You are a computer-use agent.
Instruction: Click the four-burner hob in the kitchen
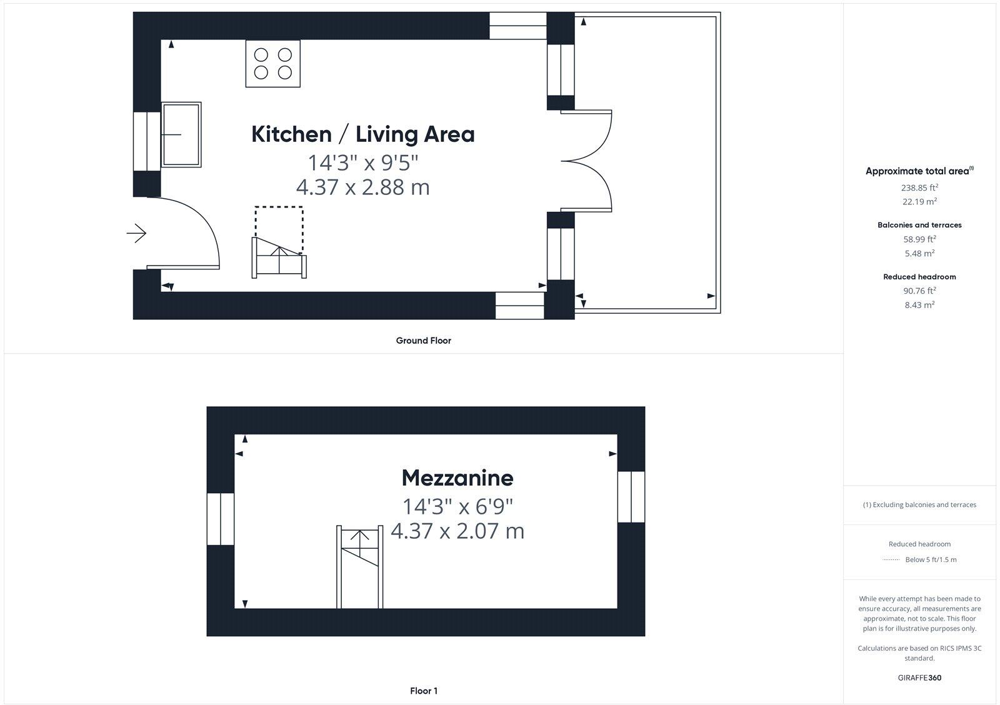coord(273,64)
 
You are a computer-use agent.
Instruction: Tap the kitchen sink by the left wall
coord(181,134)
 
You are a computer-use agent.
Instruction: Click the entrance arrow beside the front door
coord(136,234)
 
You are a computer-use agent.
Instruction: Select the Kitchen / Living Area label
coord(362,134)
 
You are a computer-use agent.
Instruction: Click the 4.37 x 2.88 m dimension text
coord(362,187)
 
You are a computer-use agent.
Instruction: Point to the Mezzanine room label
coord(457,478)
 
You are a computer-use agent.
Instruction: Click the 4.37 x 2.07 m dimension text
coord(457,531)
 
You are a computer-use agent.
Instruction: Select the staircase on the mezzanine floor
coord(359,566)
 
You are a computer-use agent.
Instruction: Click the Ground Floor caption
coord(423,341)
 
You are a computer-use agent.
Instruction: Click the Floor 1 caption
coord(423,691)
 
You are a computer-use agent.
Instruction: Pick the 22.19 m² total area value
coord(919,202)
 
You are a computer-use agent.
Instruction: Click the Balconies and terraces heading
coord(919,225)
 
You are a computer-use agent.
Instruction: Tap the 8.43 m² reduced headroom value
coord(919,305)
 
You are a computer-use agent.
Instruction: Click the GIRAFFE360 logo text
coord(919,677)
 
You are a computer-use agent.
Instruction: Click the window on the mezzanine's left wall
coord(221,519)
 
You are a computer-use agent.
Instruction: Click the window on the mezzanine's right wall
coord(631,497)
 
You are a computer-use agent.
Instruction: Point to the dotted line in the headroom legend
coord(891,560)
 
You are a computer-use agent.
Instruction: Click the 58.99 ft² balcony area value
coord(919,239)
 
